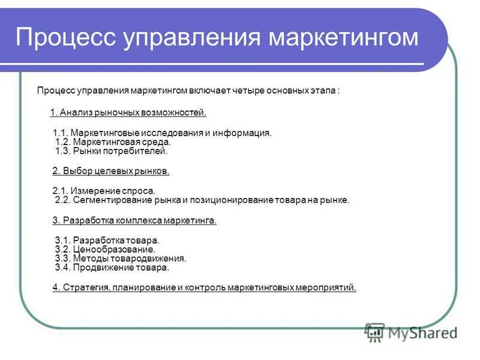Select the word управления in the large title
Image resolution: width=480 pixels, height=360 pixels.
pyautogui.click(x=193, y=38)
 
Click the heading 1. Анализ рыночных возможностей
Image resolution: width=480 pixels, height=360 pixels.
pyautogui.click(x=128, y=112)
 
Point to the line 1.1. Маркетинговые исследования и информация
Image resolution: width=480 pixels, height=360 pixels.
pyautogui.click(x=162, y=133)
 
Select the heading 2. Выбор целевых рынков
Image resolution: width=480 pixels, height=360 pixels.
pyautogui.click(x=111, y=171)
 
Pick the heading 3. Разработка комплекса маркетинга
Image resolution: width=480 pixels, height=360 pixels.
pyautogui.click(x=134, y=220)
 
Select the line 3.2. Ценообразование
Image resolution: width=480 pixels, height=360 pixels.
pyautogui.click(x=105, y=249)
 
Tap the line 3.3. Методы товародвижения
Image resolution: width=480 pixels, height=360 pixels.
pyautogui.click(x=120, y=259)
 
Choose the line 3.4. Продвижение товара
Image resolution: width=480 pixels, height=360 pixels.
pyautogui.click(x=112, y=268)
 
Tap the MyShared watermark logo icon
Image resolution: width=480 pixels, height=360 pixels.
pyautogui.click(x=374, y=331)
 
